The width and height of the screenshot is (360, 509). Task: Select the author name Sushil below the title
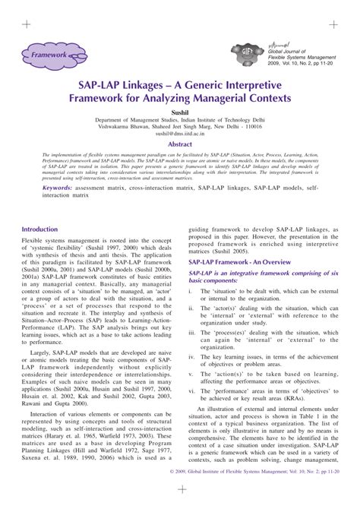point(179,111)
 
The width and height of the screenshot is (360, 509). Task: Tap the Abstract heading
point(180,143)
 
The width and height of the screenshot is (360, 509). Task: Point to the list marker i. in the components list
point(192,290)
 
